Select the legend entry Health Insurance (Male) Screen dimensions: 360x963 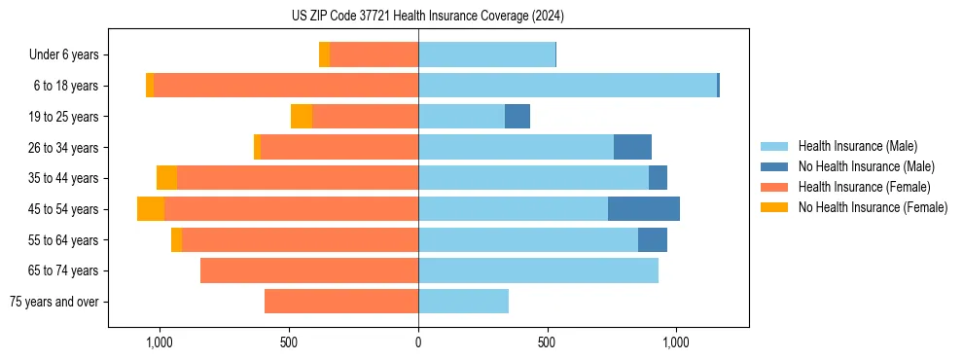(x=856, y=146)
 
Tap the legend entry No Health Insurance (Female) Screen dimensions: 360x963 (x=873, y=207)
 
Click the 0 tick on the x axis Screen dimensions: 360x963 (x=418, y=342)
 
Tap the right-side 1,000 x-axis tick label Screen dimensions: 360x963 (x=676, y=342)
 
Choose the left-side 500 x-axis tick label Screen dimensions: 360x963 (x=289, y=342)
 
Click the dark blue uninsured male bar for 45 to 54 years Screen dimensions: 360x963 (x=644, y=209)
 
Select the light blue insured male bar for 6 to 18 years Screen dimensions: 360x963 (x=567, y=86)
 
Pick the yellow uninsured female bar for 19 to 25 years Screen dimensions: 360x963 (x=302, y=117)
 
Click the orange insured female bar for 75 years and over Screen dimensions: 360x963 (x=341, y=302)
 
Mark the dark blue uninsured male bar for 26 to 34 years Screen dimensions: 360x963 (x=632, y=147)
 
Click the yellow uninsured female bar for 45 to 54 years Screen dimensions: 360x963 (x=151, y=209)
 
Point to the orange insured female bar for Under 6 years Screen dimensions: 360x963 (x=374, y=55)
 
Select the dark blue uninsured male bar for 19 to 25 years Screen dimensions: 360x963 (x=517, y=117)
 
